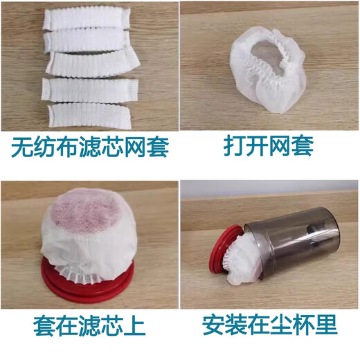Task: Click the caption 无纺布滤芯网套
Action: [90, 147]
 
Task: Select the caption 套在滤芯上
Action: [90, 325]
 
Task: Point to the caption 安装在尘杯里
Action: [270, 325]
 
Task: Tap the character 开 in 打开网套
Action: [253, 147]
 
